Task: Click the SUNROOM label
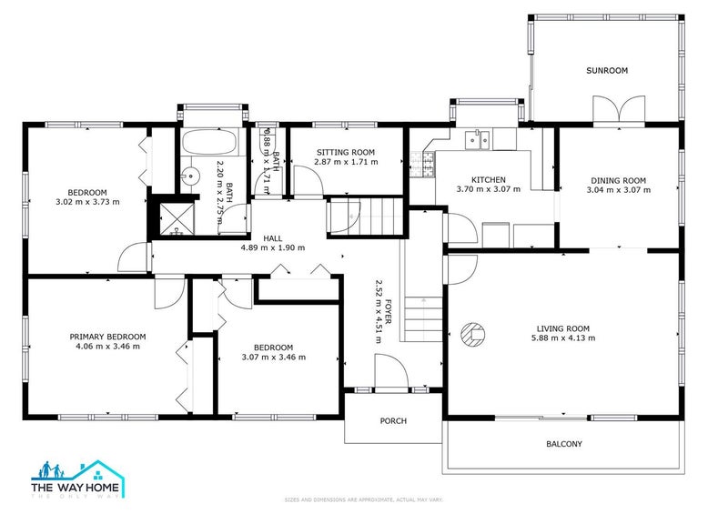(x=607, y=70)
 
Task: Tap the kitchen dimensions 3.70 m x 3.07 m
(x=488, y=190)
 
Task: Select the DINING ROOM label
(x=618, y=180)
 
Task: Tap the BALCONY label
(x=563, y=444)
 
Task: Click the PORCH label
(x=393, y=420)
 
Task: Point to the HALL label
(x=272, y=237)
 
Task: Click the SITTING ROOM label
(x=346, y=152)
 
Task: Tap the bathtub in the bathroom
(x=210, y=143)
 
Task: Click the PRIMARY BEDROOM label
(x=107, y=337)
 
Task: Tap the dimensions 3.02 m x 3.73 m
(x=87, y=202)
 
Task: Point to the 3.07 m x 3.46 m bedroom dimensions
(x=273, y=358)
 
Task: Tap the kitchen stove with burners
(x=422, y=165)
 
